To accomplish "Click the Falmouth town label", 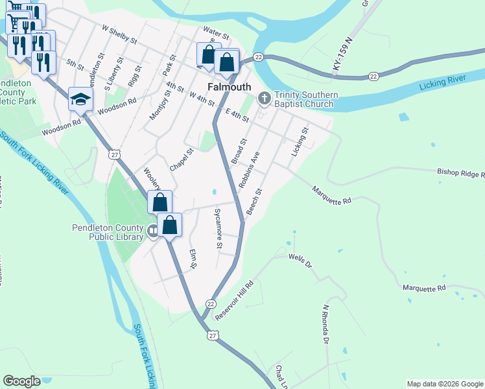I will (229, 87).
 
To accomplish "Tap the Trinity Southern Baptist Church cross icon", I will (264, 99).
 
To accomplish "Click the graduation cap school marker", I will (81, 99).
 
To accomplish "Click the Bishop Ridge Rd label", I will (461, 174).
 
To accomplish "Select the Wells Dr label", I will (300, 261).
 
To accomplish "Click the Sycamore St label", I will (218, 229).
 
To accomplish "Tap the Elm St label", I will (192, 259).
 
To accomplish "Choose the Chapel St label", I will (182, 159).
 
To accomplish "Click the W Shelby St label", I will (120, 34).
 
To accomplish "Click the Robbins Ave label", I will (248, 170).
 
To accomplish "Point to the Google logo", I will (21, 381).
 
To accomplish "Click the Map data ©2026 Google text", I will (444, 384).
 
